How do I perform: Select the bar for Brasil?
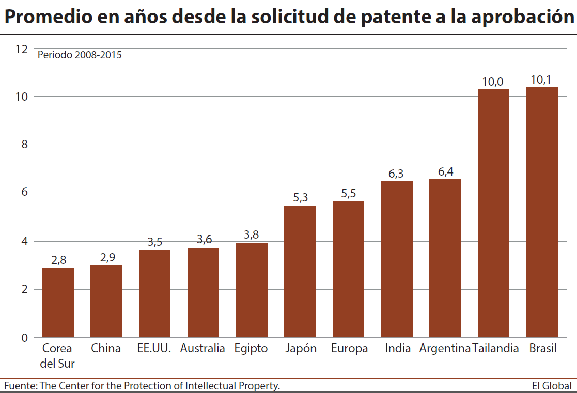pos(542,212)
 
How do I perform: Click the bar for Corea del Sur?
pos(58,302)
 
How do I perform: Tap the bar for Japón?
pos(300,271)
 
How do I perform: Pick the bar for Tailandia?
pos(493,213)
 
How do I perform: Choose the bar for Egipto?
pos(252,290)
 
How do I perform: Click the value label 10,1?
pos(541,80)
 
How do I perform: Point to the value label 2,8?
pos(58,260)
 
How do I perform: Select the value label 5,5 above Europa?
pos(349,193)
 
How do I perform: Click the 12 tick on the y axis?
pos(21,49)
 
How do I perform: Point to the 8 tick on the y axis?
pos(24,145)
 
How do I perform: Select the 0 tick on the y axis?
pos(24,338)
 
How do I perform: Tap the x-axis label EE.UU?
pos(154,349)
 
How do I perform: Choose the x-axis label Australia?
pos(202,349)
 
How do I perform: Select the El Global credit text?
pos(552,386)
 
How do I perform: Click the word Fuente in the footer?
pos(19,386)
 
